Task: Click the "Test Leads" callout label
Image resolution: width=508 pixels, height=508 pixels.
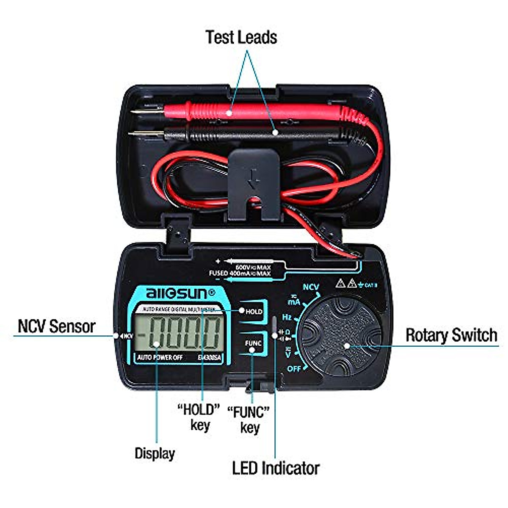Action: (241, 37)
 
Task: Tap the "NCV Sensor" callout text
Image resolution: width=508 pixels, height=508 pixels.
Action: (56, 326)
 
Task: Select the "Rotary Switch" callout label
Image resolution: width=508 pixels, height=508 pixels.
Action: (451, 335)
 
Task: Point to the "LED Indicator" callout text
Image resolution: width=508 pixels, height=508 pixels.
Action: (276, 468)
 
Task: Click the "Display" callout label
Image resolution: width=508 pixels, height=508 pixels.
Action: (155, 453)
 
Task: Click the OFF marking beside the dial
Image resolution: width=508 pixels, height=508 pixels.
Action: (294, 369)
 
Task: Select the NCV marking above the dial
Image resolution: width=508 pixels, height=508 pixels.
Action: (311, 287)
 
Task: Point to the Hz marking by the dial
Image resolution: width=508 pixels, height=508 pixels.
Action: (287, 317)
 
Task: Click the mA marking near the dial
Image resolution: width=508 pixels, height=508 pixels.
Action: (294, 301)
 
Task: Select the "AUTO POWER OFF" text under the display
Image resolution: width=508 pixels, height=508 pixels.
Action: (160, 358)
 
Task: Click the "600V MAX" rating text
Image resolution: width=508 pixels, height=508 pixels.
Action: (253, 267)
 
